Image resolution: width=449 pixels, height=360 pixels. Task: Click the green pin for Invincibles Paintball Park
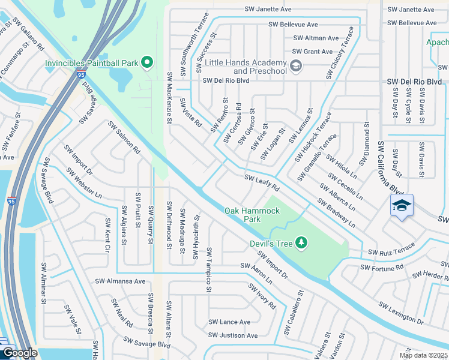click(146, 62)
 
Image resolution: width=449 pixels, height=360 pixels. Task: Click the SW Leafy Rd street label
click(262, 184)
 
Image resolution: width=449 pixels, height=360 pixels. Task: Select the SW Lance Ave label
click(229, 322)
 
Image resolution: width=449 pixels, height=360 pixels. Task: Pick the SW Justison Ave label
click(233, 335)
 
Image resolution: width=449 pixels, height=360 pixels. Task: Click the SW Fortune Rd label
click(382, 267)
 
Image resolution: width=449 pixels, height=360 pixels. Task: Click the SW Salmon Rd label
click(124, 137)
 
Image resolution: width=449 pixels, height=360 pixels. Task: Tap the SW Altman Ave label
click(316, 38)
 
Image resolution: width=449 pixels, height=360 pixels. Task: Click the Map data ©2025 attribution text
click(423, 355)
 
